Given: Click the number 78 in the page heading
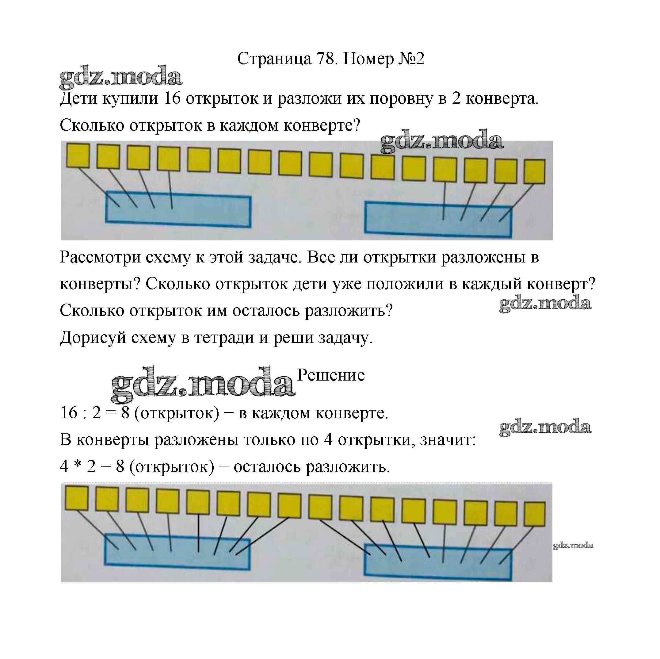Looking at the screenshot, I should tap(325, 59).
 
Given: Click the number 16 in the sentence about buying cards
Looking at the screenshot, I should tap(172, 99).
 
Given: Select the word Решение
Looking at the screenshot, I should tap(331, 375).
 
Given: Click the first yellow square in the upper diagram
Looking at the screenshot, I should tap(78, 155).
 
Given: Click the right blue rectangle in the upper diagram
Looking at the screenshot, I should tap(438, 219).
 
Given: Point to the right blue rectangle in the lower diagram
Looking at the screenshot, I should tap(438, 561).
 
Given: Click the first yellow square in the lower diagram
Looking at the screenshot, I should tap(77, 498).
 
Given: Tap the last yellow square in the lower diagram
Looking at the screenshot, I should tap(535, 514).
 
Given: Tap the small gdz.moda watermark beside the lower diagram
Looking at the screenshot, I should tap(573, 545).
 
